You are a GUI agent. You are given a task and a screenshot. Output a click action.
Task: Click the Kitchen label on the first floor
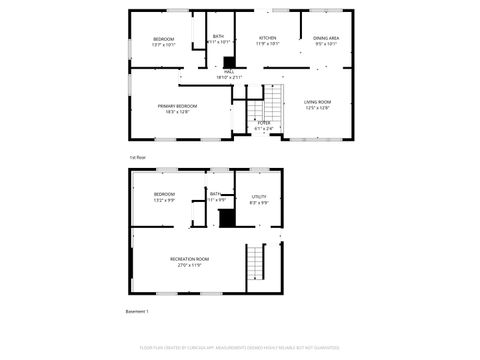[267, 38]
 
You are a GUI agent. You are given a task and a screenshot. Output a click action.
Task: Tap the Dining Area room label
[327, 38]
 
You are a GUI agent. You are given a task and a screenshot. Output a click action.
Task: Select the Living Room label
[317, 102]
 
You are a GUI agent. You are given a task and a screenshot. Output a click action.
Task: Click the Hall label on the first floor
[229, 72]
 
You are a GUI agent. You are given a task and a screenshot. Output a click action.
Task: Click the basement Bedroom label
[164, 194]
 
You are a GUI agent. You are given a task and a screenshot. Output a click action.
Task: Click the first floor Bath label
[218, 37]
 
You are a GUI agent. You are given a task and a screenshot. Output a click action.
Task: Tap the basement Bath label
[215, 194]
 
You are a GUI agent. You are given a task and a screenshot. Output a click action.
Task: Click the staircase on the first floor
[271, 104]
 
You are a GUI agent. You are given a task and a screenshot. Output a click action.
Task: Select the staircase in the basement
[258, 262]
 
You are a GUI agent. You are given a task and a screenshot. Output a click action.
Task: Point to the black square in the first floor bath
[229, 61]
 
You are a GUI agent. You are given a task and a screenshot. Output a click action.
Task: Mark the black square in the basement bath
[226, 218]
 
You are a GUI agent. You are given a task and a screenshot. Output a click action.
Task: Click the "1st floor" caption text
[137, 157]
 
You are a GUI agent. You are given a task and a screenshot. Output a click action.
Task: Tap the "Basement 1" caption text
[137, 312]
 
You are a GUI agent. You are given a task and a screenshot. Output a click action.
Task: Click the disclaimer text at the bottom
[240, 349]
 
